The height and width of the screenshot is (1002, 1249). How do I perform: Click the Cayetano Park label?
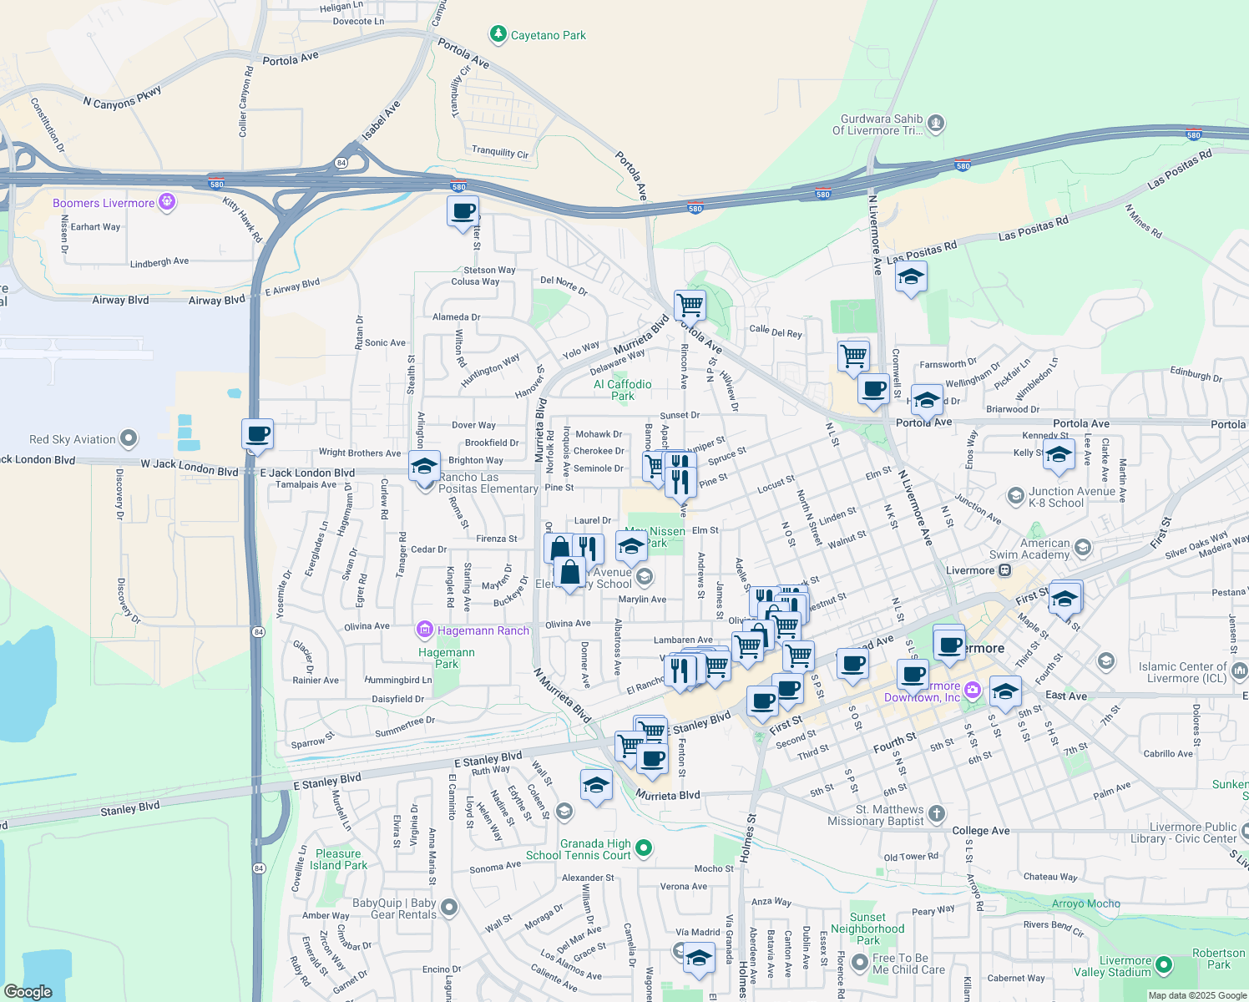(x=548, y=35)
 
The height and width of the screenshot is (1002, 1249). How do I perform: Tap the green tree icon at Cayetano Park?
(x=498, y=34)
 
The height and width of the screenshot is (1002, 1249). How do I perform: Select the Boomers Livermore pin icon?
(x=167, y=202)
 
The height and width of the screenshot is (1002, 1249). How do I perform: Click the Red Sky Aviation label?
(x=73, y=439)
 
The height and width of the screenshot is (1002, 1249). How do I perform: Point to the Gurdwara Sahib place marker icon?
(x=936, y=124)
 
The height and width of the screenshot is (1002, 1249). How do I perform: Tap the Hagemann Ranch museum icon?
(x=425, y=630)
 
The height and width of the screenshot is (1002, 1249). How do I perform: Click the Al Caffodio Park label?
(x=623, y=390)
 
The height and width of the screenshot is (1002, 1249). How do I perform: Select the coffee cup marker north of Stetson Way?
(x=463, y=211)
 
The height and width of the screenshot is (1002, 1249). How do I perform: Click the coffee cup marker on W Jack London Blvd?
(x=257, y=434)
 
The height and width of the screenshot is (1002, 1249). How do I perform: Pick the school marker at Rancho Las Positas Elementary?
(x=424, y=466)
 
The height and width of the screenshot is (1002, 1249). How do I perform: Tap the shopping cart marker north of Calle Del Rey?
(x=690, y=305)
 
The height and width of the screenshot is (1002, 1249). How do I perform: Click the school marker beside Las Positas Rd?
(x=911, y=277)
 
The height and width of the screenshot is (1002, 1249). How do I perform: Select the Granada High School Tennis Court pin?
(x=643, y=848)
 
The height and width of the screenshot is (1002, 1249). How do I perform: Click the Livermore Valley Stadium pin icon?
(x=1163, y=965)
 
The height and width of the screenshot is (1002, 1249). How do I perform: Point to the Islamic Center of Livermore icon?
(x=1239, y=671)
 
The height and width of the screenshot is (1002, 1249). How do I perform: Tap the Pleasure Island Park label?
(x=338, y=859)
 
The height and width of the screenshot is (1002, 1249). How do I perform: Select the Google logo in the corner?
(x=28, y=991)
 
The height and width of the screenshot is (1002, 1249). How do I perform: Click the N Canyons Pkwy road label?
(x=122, y=97)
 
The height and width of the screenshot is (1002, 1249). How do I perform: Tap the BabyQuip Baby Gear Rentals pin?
(x=449, y=907)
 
